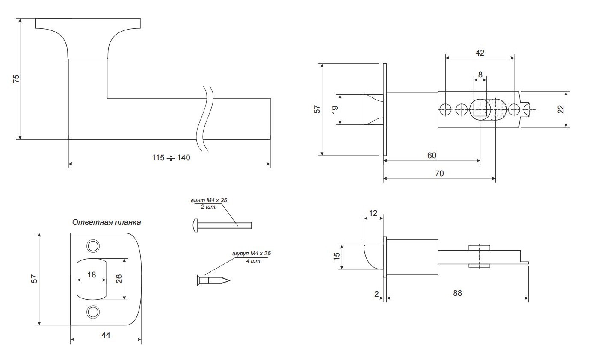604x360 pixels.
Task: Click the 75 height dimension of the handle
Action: (x=16, y=79)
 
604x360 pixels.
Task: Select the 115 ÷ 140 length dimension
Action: (x=171, y=158)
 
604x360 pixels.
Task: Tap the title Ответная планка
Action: (x=106, y=222)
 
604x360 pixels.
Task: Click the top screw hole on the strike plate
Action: (x=92, y=246)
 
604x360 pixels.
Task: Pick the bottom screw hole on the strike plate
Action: (x=92, y=312)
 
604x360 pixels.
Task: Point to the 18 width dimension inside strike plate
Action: (x=92, y=275)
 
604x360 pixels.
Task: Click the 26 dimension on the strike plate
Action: (x=119, y=279)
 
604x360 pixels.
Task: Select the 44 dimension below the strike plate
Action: (x=106, y=335)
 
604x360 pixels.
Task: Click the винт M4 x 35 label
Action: (x=209, y=200)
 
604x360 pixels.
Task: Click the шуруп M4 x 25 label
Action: (x=252, y=254)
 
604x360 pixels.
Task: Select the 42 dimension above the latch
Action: (x=480, y=53)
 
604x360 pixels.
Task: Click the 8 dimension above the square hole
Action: (x=480, y=74)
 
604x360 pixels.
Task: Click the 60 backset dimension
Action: (x=432, y=156)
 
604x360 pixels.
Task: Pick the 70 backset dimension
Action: (x=439, y=173)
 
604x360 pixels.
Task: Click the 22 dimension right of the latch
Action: (x=561, y=109)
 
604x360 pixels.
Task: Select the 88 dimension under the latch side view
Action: (x=457, y=293)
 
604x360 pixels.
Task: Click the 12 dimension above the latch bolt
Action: (x=373, y=213)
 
